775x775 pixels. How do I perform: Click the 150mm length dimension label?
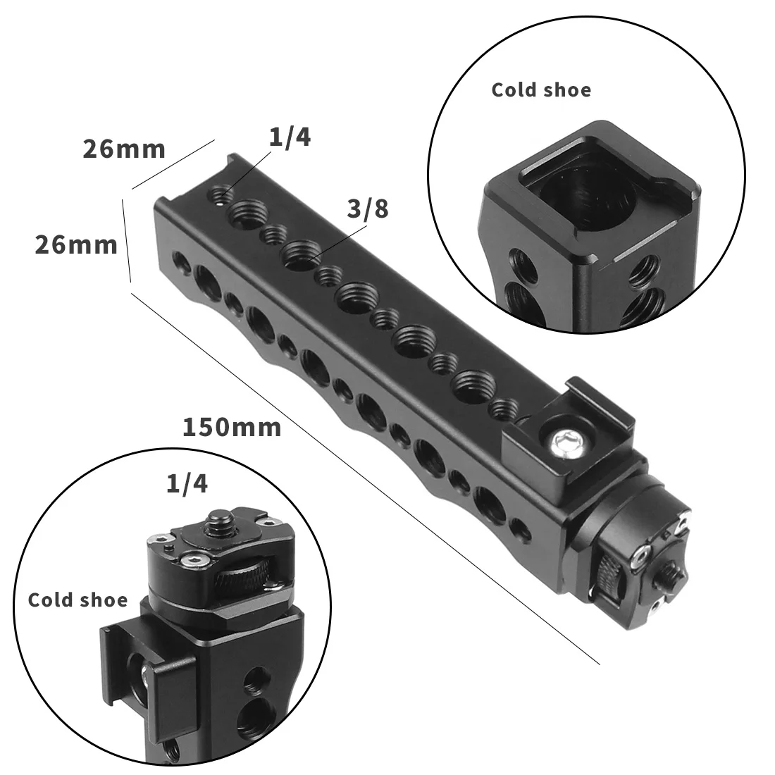(232, 428)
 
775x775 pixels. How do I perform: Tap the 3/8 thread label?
(368, 209)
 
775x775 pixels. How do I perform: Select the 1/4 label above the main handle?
(290, 137)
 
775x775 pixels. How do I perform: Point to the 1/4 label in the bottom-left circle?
(187, 484)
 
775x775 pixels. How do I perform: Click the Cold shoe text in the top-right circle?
(541, 90)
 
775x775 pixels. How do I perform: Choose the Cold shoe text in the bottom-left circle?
(77, 600)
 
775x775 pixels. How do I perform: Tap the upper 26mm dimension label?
(124, 149)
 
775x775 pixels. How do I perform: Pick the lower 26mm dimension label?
(76, 244)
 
